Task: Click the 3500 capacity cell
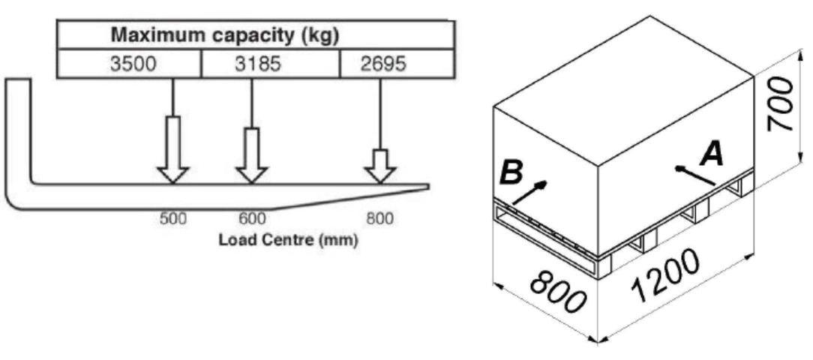coord(132,64)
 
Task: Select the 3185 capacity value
coord(258,64)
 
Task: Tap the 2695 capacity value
coord(383,64)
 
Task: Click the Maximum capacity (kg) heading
coord(226,36)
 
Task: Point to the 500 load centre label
coord(172,218)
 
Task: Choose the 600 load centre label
coord(252,218)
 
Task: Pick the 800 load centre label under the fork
coord(379,218)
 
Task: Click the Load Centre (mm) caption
coord(288,241)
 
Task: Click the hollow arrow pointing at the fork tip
coord(380,166)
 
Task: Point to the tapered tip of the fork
coord(428,187)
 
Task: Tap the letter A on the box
coord(711,155)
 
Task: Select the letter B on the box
coord(511,173)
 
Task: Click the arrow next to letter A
coord(695,175)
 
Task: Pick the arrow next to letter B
coord(529,192)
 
